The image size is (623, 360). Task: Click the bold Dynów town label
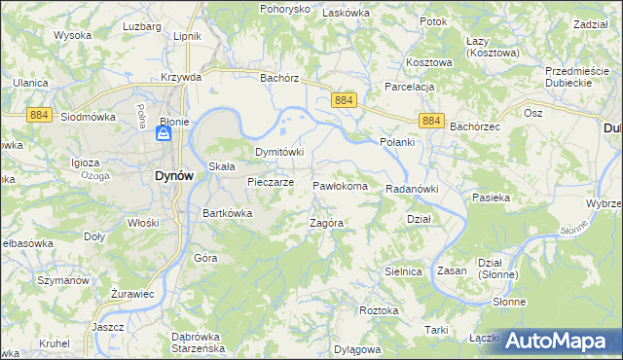pos(179,176)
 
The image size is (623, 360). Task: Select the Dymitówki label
pos(279,153)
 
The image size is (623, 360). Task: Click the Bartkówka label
pos(228,213)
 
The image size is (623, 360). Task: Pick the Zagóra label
pos(327,223)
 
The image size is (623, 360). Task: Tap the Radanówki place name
pos(413,189)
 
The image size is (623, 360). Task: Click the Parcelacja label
pos(409,87)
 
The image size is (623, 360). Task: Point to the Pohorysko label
pos(284,9)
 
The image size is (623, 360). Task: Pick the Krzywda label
pos(181,77)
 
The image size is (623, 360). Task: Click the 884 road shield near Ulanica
pos(38,114)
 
